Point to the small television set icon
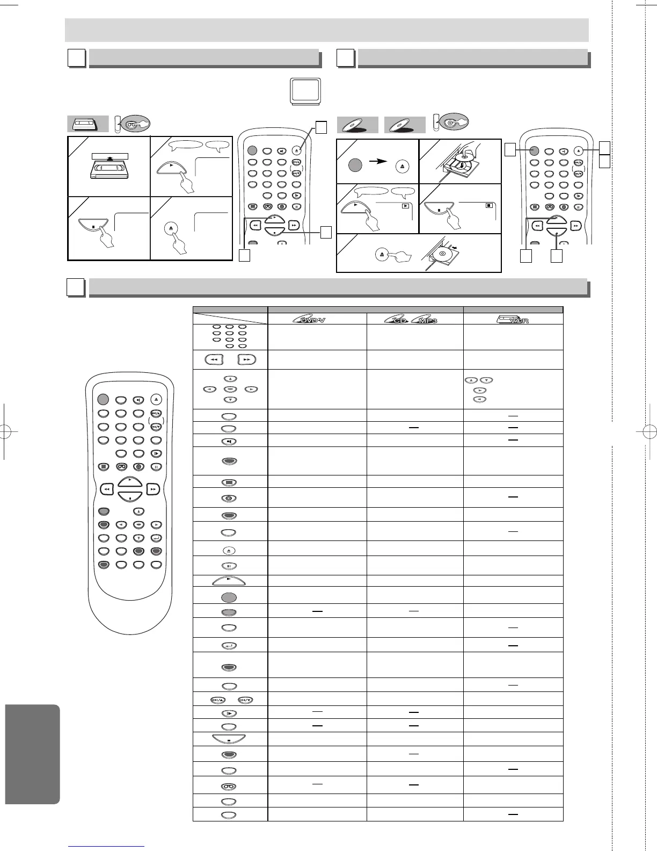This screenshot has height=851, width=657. click(306, 91)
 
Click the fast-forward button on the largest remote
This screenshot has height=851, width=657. click(154, 489)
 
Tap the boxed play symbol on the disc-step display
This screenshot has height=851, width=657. click(406, 206)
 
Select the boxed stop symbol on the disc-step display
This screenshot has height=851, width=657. click(488, 206)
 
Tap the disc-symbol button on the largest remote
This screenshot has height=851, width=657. click(138, 466)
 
